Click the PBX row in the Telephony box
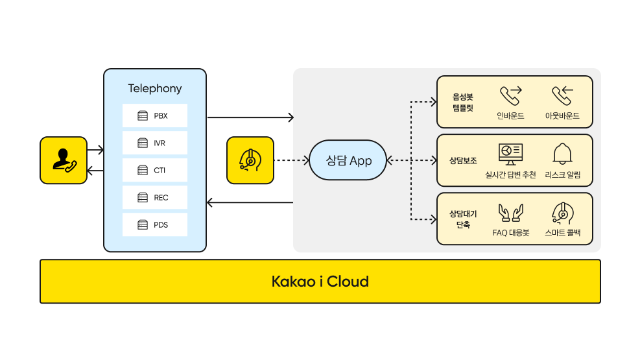click(154, 115)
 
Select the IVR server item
click(154, 143)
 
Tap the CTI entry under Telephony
click(154, 170)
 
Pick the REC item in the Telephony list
click(154, 197)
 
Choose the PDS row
click(154, 224)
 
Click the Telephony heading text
click(155, 88)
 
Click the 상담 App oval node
click(348, 160)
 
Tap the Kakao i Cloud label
click(320, 282)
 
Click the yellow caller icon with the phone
click(63, 160)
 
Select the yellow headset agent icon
click(250, 160)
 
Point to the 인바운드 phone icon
click(510, 95)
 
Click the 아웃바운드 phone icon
click(562, 95)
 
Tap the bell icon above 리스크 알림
click(562, 153)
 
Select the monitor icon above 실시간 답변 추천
click(510, 154)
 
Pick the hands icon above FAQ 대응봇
click(510, 212)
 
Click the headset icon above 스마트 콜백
click(562, 212)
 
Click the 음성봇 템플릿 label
click(463, 102)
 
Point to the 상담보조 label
click(463, 160)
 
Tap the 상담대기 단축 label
click(463, 219)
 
